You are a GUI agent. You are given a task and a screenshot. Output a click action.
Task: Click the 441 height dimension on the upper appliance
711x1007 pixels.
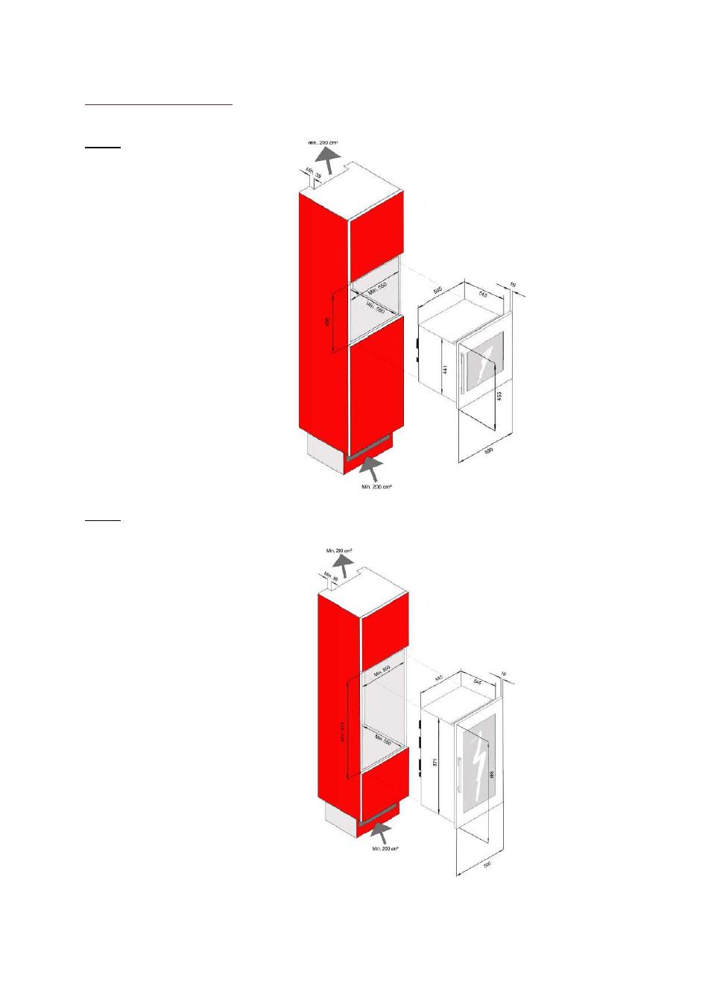pyautogui.click(x=445, y=369)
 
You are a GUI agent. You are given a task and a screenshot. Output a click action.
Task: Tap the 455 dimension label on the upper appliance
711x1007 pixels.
pyautogui.click(x=499, y=396)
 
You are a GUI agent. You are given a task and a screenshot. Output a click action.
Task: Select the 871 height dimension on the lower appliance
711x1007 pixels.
pyautogui.click(x=434, y=763)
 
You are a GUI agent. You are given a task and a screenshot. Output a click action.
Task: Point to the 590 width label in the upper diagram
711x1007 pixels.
pyautogui.click(x=489, y=451)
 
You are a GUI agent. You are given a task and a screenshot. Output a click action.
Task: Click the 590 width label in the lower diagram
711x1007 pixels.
pyautogui.click(x=487, y=865)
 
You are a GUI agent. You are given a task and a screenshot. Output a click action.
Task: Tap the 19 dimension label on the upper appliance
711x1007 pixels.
pyautogui.click(x=513, y=285)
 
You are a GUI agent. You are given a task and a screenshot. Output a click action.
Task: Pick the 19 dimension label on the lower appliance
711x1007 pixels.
pyautogui.click(x=503, y=675)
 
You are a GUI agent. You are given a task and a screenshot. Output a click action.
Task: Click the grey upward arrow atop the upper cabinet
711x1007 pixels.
pyautogui.click(x=326, y=159)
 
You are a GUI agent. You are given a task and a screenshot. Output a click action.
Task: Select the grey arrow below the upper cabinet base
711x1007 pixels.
pyautogui.click(x=370, y=468)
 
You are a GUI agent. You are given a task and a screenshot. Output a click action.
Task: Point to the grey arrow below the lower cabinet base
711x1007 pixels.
pyautogui.click(x=381, y=831)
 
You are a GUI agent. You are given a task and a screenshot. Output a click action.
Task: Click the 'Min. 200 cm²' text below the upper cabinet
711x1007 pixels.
pyautogui.click(x=376, y=487)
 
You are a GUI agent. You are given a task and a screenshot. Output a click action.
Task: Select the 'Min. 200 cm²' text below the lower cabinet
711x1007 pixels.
pyautogui.click(x=385, y=848)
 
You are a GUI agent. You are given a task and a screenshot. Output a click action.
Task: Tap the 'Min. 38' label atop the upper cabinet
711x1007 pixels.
pyautogui.click(x=314, y=173)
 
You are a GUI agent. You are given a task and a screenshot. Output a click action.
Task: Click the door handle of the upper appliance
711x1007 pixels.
pyautogui.click(x=463, y=373)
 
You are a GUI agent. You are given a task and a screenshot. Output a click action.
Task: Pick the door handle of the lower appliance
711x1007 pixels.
pyautogui.click(x=459, y=775)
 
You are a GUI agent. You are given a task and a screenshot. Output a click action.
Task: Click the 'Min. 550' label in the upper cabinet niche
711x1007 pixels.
pyautogui.click(x=377, y=288)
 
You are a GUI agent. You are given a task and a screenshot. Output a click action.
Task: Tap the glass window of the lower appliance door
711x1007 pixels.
pyautogui.click(x=478, y=764)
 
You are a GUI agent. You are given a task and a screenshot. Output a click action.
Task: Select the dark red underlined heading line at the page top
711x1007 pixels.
pyautogui.click(x=159, y=105)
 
